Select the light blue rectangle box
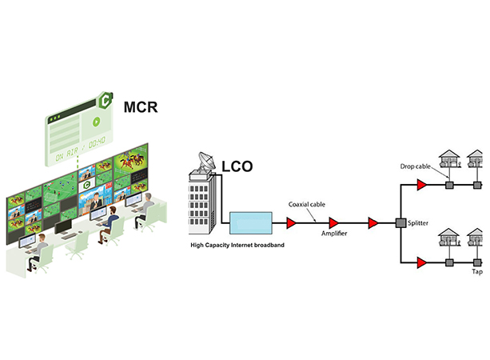pos(251,222)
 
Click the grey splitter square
pos(400,222)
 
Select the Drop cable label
pos(417,166)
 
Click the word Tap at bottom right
pos(477,271)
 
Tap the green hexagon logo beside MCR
pos(104,101)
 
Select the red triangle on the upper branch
pos(420,185)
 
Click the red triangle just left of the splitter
pos(372,222)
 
